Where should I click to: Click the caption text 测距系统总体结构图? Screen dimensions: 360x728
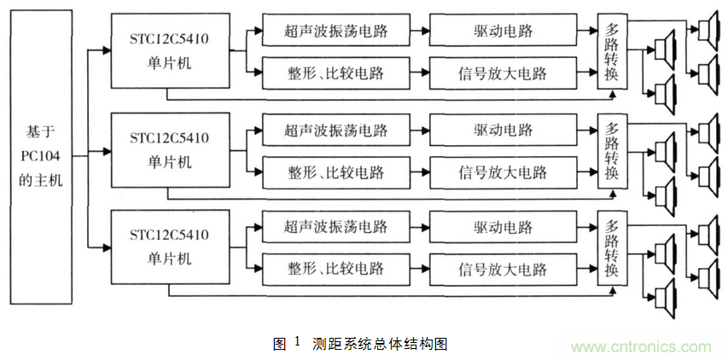coord(380,344)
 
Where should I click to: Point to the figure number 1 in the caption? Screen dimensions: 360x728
coord(297,342)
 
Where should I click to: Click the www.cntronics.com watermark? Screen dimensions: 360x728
coord(641,347)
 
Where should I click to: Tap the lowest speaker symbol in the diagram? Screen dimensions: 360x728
coord(665,296)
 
